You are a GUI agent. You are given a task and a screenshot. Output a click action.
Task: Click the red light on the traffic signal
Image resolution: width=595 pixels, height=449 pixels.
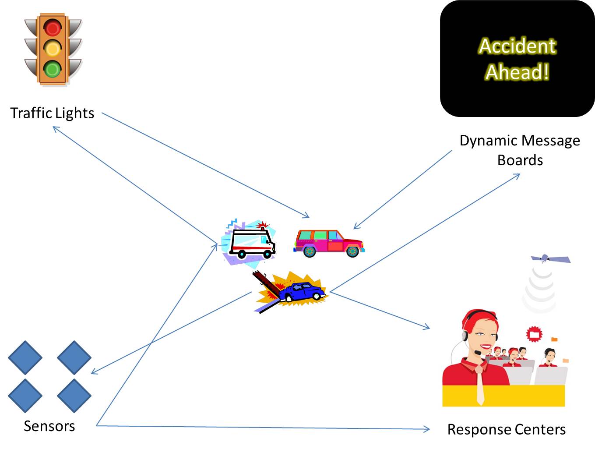(53, 28)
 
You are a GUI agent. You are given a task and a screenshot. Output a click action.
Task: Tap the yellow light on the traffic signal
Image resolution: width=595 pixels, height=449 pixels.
(53, 48)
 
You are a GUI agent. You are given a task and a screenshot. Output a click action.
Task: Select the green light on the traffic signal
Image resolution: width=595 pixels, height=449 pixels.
(53, 69)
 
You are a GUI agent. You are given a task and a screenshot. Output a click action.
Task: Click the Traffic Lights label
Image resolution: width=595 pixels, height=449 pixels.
(52, 113)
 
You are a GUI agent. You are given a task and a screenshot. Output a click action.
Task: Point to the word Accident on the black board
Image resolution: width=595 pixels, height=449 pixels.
(517, 46)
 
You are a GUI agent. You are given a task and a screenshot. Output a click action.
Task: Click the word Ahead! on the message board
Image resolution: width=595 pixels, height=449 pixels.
(517, 72)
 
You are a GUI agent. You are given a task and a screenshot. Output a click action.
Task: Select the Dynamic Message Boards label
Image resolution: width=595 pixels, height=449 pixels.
(520, 150)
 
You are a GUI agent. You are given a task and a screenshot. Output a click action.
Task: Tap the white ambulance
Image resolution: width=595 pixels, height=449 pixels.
(251, 243)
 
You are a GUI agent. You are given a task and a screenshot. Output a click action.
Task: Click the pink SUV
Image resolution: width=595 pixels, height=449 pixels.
(328, 242)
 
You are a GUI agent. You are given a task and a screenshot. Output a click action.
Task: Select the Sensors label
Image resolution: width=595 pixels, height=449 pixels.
(49, 426)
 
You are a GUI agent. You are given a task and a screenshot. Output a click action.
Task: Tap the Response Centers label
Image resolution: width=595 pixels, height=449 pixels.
(506, 429)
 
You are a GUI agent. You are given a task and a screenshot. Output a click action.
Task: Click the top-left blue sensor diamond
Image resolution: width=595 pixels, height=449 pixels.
(25, 357)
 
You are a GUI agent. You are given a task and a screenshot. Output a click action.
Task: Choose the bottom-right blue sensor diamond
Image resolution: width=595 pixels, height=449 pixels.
(74, 395)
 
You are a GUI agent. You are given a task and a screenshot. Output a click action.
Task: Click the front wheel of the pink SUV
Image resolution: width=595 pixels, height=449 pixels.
(352, 251)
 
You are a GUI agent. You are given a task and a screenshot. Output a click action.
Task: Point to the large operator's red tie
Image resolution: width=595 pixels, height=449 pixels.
(480, 385)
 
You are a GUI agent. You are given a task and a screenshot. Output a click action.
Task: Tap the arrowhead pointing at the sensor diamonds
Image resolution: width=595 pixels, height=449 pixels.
(93, 373)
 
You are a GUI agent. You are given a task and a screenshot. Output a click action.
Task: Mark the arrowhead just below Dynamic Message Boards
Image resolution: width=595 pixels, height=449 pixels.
(518, 175)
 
